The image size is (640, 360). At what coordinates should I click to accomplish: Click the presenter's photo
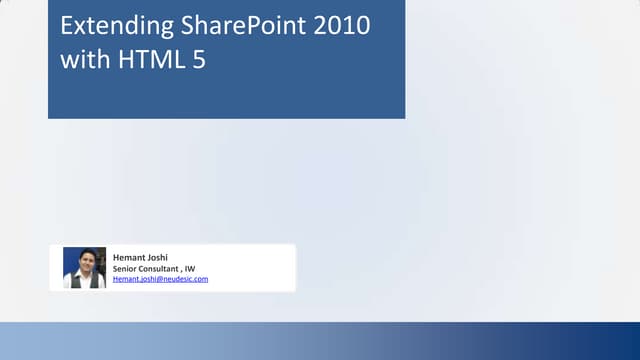tap(84, 267)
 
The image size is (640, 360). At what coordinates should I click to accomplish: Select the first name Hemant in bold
tap(129, 258)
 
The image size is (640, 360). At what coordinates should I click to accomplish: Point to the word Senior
tap(125, 268)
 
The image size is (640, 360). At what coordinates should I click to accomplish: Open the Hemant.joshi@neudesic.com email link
tap(160, 279)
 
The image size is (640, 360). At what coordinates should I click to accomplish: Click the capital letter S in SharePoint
tap(178, 26)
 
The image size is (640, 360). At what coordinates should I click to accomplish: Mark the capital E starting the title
tap(67, 26)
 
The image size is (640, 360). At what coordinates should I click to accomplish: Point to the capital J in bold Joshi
tap(149, 258)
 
